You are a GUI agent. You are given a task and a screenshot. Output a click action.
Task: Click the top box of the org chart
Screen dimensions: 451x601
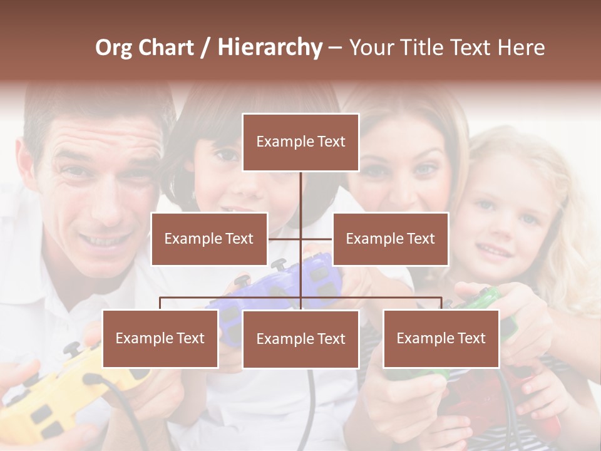coord(300,142)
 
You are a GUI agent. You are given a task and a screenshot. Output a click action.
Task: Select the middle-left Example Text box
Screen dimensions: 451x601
coord(209,239)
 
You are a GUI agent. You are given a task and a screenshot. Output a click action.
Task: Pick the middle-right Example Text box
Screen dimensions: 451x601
coord(390,239)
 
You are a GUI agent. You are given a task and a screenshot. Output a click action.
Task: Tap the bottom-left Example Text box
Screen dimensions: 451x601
coord(160,338)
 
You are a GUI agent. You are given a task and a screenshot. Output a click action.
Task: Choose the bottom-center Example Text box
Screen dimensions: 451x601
coord(300,339)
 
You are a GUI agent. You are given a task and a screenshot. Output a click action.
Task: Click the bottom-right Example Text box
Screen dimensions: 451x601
coord(441,338)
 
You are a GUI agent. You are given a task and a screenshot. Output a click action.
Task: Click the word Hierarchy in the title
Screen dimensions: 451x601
coord(270,48)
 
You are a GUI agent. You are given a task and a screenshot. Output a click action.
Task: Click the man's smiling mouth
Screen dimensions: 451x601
coord(106,240)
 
